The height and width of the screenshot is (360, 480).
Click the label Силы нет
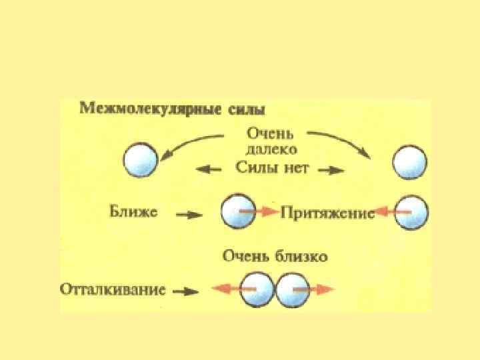point(272,168)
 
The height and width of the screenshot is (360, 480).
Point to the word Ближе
point(133,213)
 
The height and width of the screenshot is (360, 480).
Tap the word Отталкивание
point(112,290)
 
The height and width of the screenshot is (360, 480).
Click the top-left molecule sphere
point(141,161)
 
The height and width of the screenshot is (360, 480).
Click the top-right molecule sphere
point(409,162)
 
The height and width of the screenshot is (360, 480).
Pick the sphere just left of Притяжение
point(237,211)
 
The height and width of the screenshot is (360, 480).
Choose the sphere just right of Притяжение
point(411,211)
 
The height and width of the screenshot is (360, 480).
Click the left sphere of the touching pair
point(256,290)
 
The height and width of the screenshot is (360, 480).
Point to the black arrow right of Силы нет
point(331,170)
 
